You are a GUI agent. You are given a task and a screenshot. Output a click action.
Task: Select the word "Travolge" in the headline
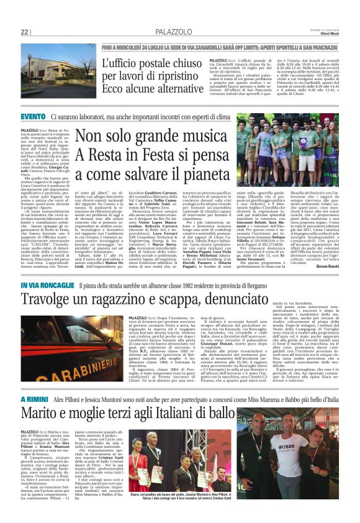[x=48, y=301]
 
